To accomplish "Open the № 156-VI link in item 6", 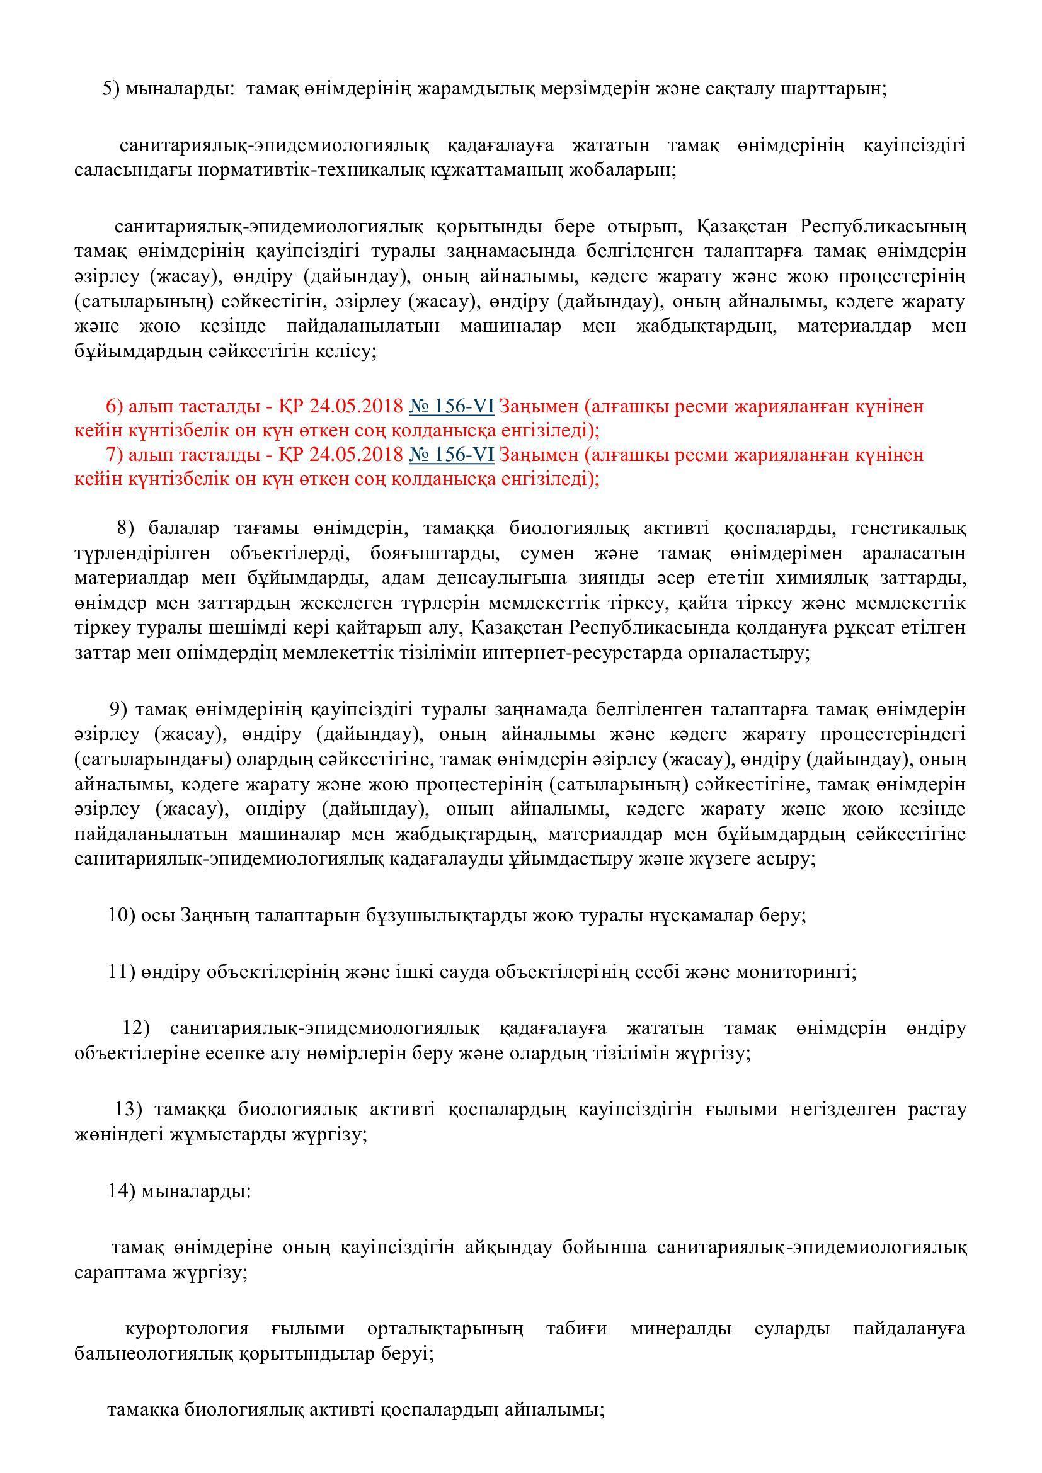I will [x=451, y=406].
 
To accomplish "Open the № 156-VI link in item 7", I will [x=451, y=454].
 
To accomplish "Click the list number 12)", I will [x=136, y=1028].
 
